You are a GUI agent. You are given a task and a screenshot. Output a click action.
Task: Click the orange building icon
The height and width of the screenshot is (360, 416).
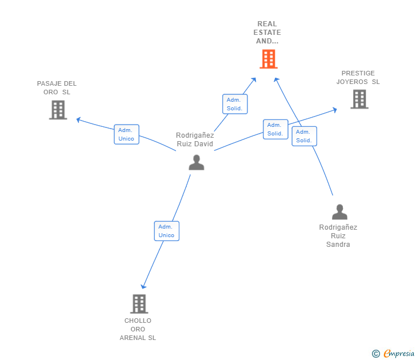(x=269, y=59)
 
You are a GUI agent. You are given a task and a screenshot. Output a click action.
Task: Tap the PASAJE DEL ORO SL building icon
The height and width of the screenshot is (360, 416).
(x=58, y=110)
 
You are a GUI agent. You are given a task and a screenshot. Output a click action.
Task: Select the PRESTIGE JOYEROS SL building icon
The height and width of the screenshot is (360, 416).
(x=359, y=99)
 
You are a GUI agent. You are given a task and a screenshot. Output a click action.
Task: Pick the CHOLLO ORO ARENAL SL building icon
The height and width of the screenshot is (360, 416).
(x=139, y=304)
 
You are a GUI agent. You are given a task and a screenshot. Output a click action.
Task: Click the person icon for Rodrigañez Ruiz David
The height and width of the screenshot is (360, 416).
(x=197, y=162)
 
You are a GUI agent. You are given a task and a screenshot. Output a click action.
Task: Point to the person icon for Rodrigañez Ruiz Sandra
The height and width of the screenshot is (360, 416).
(x=339, y=211)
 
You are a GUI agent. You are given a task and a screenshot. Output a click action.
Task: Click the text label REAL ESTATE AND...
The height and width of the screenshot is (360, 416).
(x=267, y=33)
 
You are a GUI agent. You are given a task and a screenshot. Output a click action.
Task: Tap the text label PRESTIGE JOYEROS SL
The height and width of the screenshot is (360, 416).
(x=358, y=78)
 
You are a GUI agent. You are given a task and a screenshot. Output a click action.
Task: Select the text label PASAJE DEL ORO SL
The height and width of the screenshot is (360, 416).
(x=57, y=88)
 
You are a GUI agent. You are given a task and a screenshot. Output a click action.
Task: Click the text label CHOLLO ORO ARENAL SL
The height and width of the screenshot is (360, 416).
(x=138, y=329)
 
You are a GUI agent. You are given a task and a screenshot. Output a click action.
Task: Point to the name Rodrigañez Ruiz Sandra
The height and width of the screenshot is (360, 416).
(x=338, y=236)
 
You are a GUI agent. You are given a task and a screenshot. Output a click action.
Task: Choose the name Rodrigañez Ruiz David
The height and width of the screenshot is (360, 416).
(x=195, y=139)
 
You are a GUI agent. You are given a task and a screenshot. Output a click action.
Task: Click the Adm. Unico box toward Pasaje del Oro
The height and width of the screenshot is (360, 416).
(x=126, y=134)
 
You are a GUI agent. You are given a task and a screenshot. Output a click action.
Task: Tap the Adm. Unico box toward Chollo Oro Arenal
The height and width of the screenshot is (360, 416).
(x=167, y=231)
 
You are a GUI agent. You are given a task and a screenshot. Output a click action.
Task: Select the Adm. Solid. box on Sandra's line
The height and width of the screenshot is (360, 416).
(x=305, y=136)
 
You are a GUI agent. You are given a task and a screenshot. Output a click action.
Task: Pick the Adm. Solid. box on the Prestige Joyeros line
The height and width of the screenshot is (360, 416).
(x=275, y=129)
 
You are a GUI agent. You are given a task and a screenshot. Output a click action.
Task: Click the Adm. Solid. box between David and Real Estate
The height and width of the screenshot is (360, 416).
(x=235, y=104)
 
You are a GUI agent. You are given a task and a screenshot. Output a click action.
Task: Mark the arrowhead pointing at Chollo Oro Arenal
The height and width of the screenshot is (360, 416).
(x=143, y=286)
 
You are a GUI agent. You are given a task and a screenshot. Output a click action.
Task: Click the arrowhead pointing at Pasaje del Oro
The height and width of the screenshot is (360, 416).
(x=78, y=120)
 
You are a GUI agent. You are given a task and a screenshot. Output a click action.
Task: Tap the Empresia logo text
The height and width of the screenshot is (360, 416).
(x=399, y=353)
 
